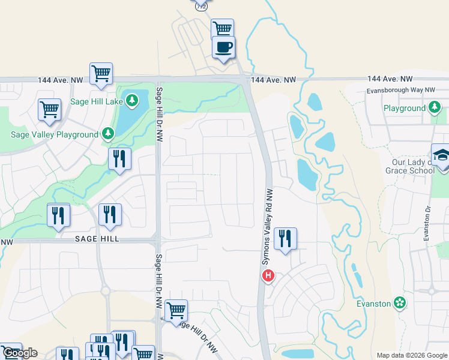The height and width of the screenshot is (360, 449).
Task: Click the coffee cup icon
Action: click(x=223, y=47)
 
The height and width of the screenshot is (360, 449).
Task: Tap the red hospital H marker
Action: click(x=268, y=276)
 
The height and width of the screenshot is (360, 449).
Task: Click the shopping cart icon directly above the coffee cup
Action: click(x=222, y=28)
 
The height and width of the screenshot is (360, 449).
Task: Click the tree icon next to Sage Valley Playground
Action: click(x=107, y=134)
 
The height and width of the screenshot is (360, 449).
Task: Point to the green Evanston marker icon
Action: click(x=399, y=304)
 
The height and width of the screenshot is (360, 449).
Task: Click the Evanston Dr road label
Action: click(x=427, y=224)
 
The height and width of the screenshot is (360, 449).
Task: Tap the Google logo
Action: click(x=20, y=353)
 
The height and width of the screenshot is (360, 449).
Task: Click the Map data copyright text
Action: click(x=412, y=355)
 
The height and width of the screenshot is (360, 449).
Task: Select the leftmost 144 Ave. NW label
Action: click(x=60, y=80)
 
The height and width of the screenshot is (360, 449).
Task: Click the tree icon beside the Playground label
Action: click(x=435, y=108)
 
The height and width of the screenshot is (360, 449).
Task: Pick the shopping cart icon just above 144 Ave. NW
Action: click(x=101, y=74)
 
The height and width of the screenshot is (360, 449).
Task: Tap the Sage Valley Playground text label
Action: click(x=54, y=134)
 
